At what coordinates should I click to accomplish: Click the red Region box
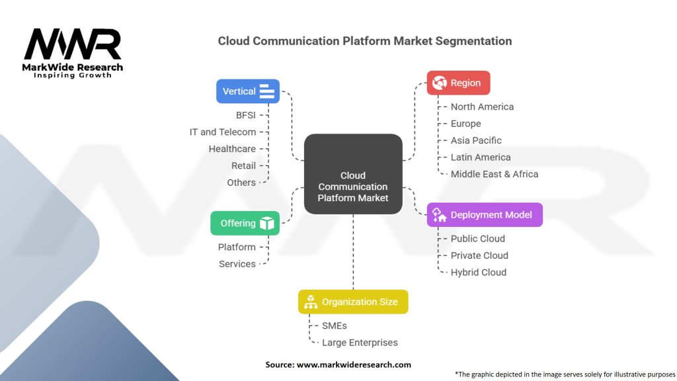[x=458, y=83]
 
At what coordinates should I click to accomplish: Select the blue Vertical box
[x=248, y=91]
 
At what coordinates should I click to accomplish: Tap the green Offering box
[x=245, y=224]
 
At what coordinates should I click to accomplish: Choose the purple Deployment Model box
[x=485, y=215]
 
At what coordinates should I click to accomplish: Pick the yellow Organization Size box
[x=353, y=302]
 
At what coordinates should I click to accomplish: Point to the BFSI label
[x=245, y=115]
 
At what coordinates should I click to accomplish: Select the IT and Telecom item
[x=223, y=132]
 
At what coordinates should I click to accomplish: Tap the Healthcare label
[x=232, y=149]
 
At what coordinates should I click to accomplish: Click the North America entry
[x=482, y=106]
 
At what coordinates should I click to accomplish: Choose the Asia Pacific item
[x=476, y=140]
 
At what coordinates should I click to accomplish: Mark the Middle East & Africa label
[x=494, y=174]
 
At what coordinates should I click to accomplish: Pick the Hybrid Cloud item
[x=479, y=272]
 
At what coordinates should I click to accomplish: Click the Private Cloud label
[x=479, y=255]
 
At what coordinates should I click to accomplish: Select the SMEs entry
[x=335, y=325]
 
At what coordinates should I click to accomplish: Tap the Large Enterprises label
[x=360, y=343]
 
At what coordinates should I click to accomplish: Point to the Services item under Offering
[x=237, y=264]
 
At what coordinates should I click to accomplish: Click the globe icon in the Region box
[x=439, y=83]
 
